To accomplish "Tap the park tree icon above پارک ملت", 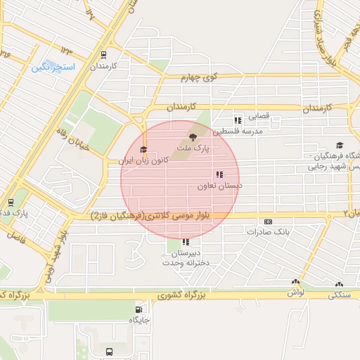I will (x=192, y=137).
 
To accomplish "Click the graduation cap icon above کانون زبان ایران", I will (x=143, y=149).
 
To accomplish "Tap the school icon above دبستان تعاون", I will (x=219, y=174).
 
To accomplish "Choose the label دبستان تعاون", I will (x=220, y=186).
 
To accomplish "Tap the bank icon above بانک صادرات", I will (x=268, y=221).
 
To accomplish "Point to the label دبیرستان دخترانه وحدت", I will (x=185, y=257).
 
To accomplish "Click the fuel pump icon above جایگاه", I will (x=139, y=309).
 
